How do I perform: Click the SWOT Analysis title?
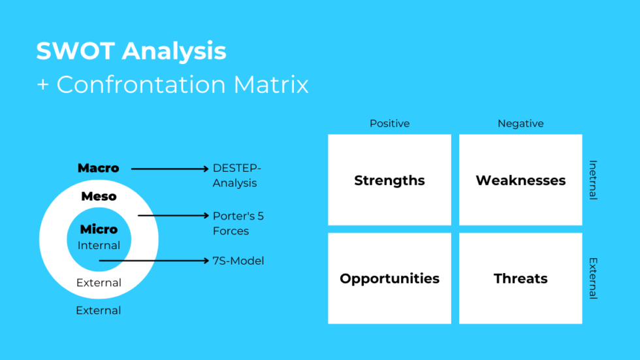[x=131, y=51]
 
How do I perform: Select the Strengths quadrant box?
[x=389, y=180]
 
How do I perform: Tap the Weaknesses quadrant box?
[x=520, y=180]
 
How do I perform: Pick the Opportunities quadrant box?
[x=389, y=278]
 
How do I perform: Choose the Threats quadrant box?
[x=520, y=278]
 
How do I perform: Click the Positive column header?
[x=389, y=123]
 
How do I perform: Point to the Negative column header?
[x=520, y=123]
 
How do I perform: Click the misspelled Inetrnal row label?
[x=593, y=180]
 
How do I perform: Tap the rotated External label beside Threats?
[x=593, y=278]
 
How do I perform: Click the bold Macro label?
[x=99, y=169]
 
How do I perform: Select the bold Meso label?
[x=99, y=196]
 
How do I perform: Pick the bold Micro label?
[x=99, y=229]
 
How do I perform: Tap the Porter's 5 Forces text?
[x=238, y=223]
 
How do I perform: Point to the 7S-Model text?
[x=238, y=261]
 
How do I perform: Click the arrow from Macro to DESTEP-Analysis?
[x=170, y=169]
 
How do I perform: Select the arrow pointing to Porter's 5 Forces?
[x=173, y=215]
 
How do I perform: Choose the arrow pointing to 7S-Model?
[x=154, y=261]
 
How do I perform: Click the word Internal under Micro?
[x=99, y=246]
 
